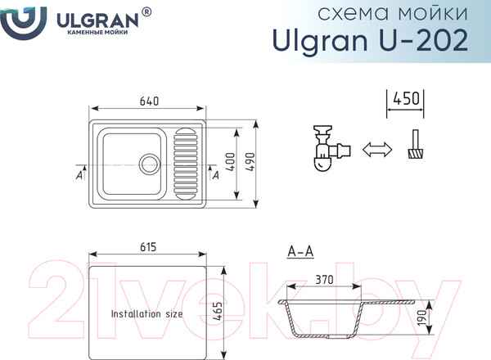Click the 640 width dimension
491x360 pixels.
click(x=149, y=101)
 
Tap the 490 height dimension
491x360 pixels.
click(x=250, y=162)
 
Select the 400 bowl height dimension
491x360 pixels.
click(x=230, y=161)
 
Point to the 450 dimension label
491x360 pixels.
click(x=406, y=99)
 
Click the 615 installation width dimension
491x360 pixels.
click(x=148, y=247)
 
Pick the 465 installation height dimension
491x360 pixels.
click(x=218, y=311)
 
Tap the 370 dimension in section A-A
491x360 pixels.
click(x=324, y=280)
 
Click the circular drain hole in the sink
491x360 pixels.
click(x=150, y=164)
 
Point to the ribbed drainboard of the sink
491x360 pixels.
click(x=186, y=163)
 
